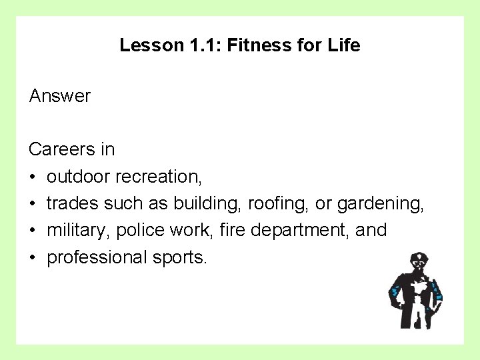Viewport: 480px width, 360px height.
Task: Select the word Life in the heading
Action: [x=345, y=45]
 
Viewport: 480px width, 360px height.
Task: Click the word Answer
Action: [x=60, y=96]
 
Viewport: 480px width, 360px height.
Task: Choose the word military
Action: [x=79, y=231]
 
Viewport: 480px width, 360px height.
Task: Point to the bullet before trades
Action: [x=33, y=203]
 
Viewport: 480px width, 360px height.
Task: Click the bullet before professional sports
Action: [x=33, y=257]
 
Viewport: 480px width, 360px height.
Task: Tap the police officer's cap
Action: [x=417, y=257]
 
